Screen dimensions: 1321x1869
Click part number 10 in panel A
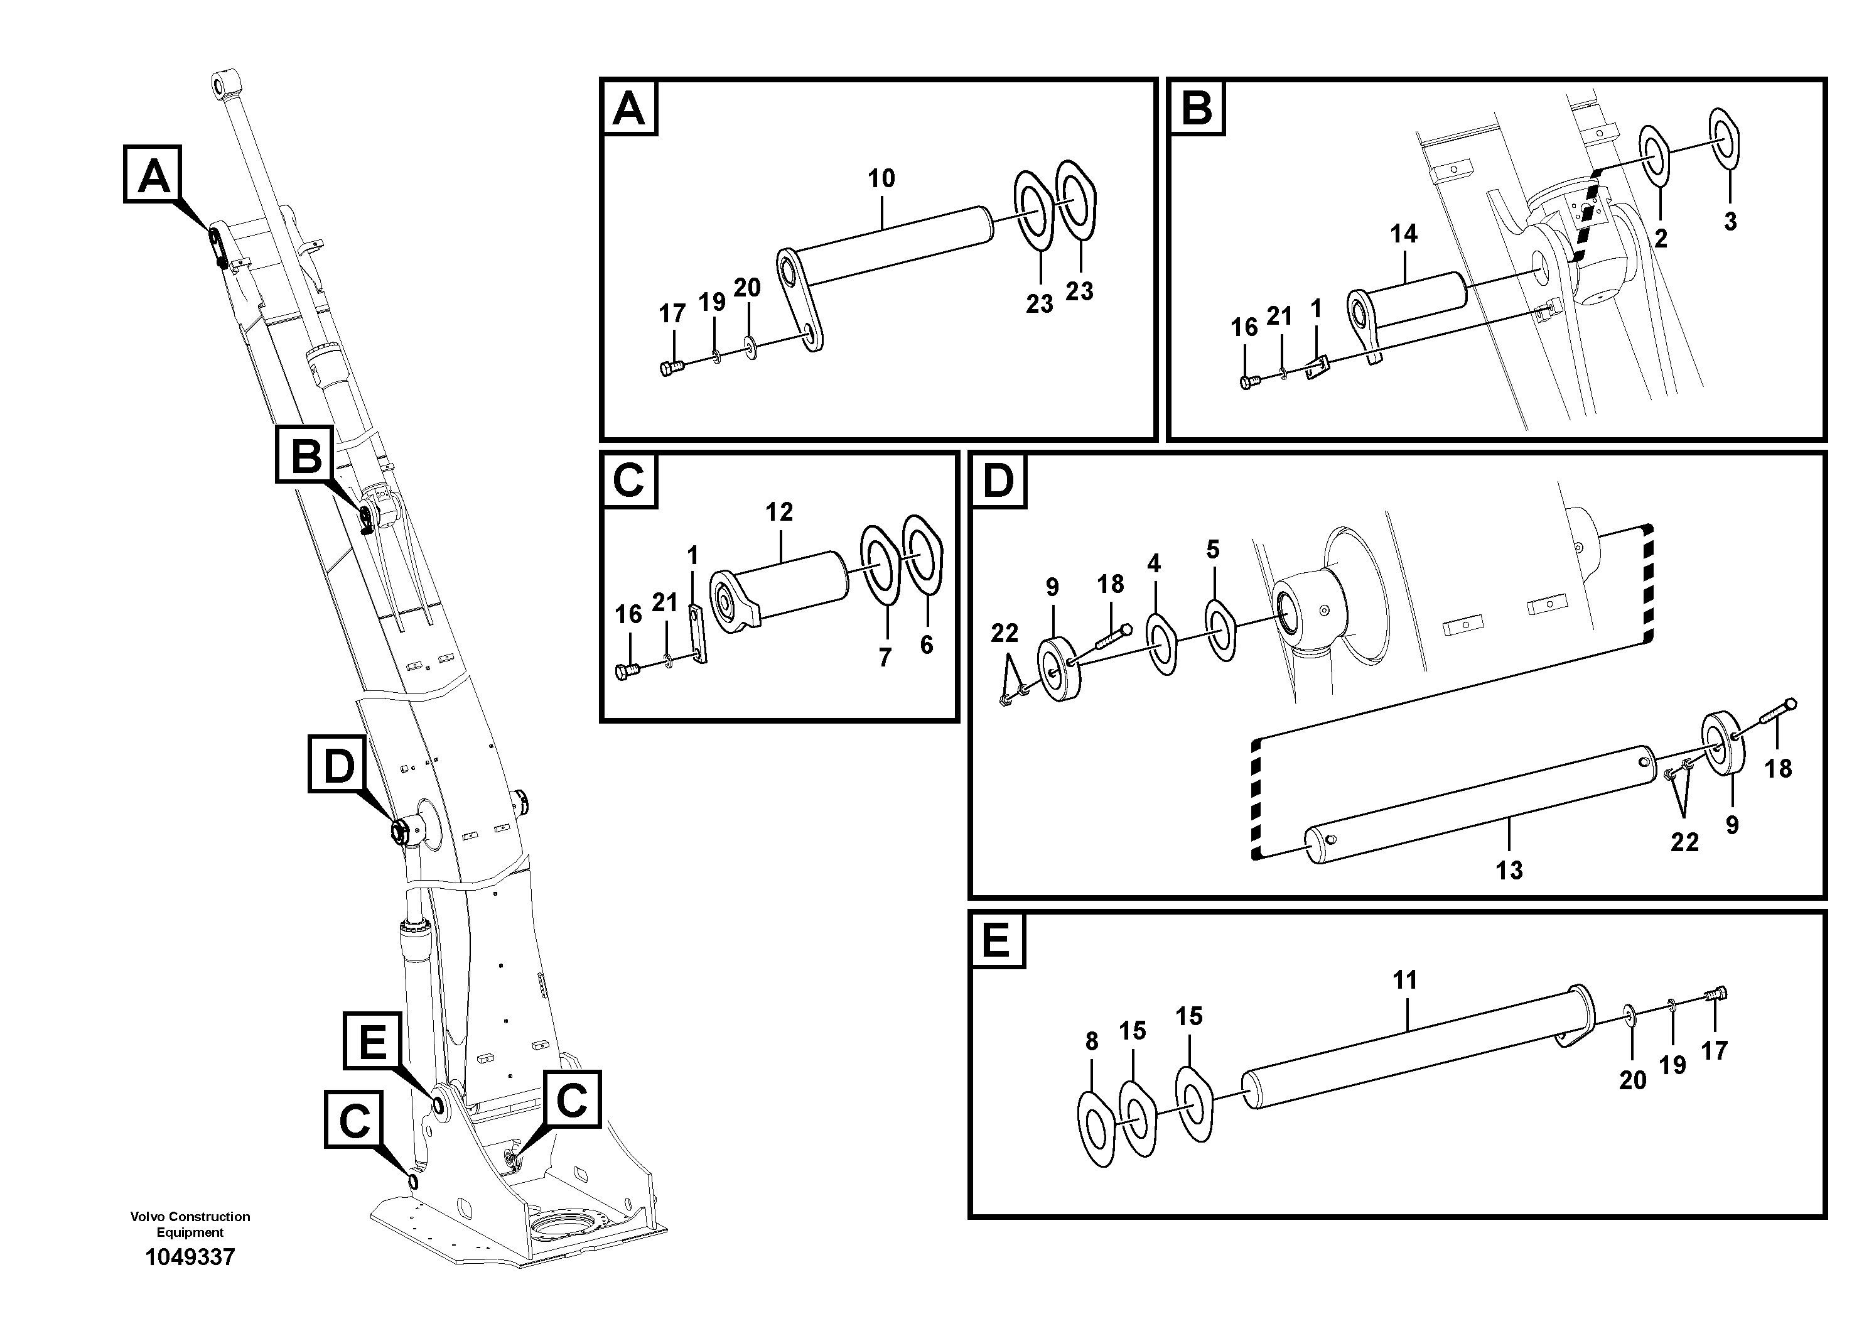(x=881, y=178)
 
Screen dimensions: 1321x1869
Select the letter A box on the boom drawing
(x=154, y=174)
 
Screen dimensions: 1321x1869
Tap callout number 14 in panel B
(x=1403, y=234)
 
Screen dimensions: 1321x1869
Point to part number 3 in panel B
(x=1730, y=222)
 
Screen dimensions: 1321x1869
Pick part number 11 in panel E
(x=1405, y=980)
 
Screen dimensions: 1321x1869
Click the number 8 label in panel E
(x=1092, y=1041)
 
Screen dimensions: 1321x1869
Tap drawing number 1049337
(x=190, y=1258)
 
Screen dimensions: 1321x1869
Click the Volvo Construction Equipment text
(x=190, y=1224)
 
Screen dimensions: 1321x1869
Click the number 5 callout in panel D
(x=1213, y=550)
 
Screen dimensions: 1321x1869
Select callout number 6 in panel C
(x=927, y=645)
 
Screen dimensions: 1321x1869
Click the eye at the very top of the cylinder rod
(x=223, y=85)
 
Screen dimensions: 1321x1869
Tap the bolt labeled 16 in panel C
(x=627, y=672)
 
